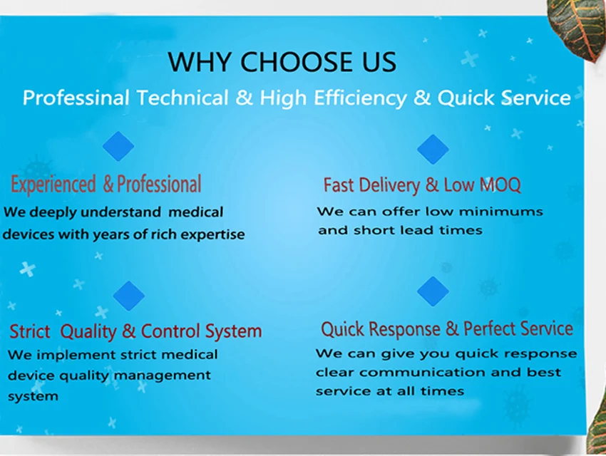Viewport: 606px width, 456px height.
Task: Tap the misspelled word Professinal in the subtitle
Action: tap(76, 98)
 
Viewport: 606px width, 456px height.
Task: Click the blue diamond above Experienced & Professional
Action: tap(118, 146)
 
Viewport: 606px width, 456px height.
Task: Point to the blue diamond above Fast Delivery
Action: tap(433, 149)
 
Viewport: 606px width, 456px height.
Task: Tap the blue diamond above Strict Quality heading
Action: tap(129, 295)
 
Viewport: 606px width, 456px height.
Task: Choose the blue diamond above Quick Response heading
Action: tap(433, 291)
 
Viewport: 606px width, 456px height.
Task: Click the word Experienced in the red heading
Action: tap(53, 185)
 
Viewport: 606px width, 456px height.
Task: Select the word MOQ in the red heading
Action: tap(500, 185)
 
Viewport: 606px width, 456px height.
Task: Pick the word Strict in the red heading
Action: tap(29, 331)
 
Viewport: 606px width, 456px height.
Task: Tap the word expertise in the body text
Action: tap(213, 234)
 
